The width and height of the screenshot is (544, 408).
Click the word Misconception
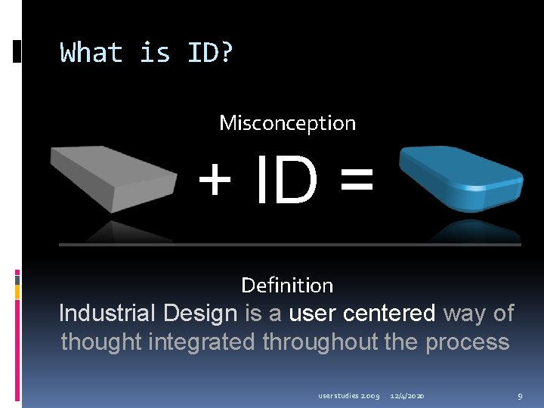tap(287, 122)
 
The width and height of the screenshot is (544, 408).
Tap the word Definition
tap(287, 285)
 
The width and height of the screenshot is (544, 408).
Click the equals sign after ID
tap(356, 182)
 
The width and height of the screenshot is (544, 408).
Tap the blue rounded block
tap(461, 178)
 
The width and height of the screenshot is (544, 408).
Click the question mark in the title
tap(225, 53)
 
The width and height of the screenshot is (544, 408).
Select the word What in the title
tap(91, 53)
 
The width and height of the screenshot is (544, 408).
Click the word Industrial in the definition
tap(107, 313)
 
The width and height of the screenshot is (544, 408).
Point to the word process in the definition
tap(468, 342)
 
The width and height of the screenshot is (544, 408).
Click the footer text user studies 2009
tap(349, 396)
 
